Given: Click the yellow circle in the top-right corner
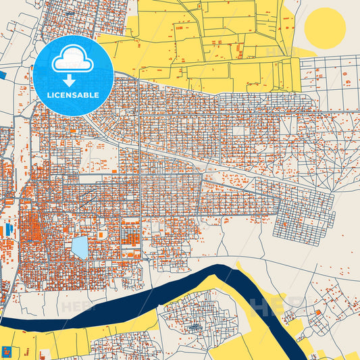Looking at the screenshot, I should coord(325,28).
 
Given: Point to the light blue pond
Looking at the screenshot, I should coord(80,247).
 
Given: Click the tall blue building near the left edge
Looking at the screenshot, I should coord(9,230).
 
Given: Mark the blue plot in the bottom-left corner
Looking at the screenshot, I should coord(9,352).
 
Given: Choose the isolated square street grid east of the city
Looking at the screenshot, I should coord(304,223).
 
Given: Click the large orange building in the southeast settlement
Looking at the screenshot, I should coord(317,313).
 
